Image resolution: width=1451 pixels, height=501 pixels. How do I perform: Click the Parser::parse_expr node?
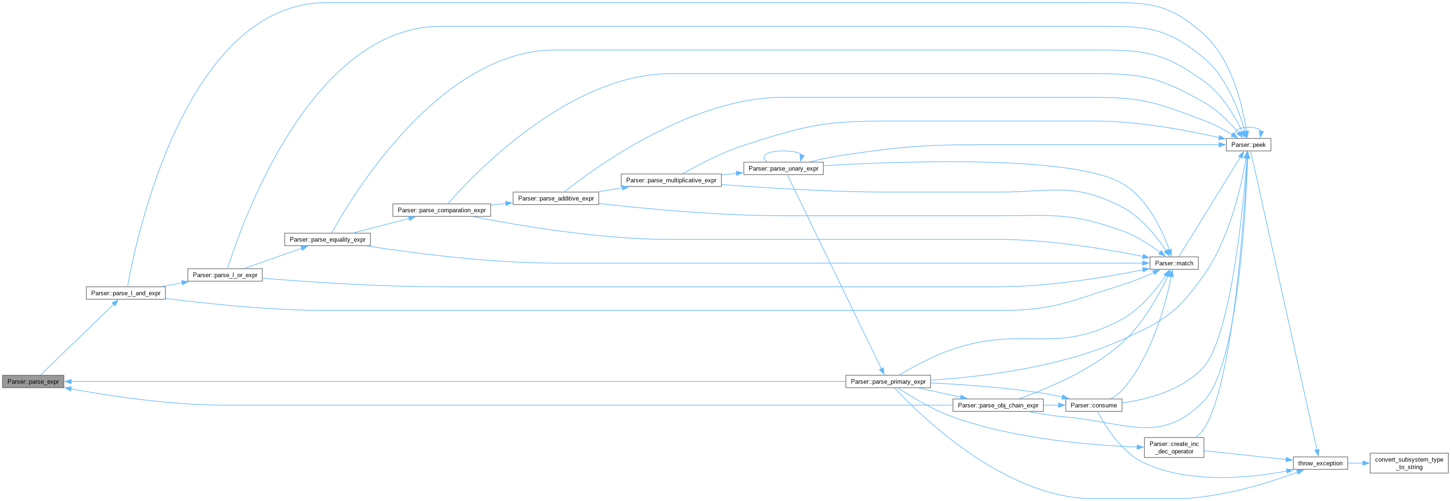[33, 381]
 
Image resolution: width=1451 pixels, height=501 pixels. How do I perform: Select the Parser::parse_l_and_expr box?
[126, 293]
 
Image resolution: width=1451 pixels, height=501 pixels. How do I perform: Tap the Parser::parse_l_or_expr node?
[225, 275]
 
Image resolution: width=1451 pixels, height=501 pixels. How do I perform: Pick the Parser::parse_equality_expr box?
[327, 239]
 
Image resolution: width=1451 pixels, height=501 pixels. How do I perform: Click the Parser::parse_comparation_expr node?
[441, 210]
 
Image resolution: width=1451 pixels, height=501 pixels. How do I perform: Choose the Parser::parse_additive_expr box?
[555, 198]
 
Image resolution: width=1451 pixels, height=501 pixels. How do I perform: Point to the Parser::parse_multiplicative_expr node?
[671, 180]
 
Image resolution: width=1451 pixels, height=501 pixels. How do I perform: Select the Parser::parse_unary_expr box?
[783, 169]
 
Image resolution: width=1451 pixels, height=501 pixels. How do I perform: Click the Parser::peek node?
[1248, 145]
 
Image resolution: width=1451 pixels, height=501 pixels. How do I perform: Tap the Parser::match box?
[1174, 263]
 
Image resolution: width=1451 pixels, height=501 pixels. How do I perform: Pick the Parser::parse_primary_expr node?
[888, 381]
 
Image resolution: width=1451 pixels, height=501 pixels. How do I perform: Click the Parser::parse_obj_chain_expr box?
[998, 405]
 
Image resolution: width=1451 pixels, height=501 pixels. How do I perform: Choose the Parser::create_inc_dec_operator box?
[1174, 447]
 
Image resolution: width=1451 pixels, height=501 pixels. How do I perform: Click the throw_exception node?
[1320, 463]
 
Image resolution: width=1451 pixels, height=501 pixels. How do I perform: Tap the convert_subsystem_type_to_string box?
[1409, 463]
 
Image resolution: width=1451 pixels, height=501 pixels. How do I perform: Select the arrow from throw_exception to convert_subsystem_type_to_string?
[1358, 463]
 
